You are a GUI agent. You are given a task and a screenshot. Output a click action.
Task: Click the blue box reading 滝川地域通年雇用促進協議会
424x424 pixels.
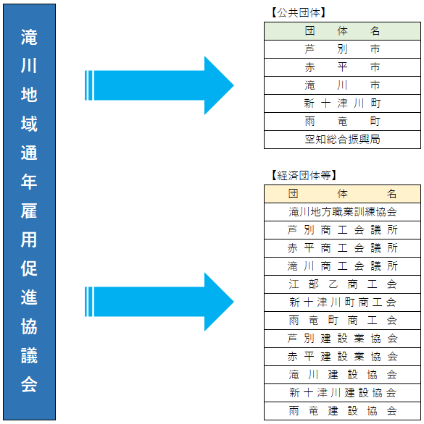pyautogui.click(x=29, y=212)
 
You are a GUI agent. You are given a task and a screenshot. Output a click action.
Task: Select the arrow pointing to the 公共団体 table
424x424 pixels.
pyautogui.click(x=159, y=85)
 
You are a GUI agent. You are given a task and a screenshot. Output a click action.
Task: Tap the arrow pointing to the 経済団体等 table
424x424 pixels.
pyautogui.click(x=159, y=302)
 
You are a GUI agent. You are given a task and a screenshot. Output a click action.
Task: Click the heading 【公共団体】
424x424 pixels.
pyautogui.click(x=299, y=12)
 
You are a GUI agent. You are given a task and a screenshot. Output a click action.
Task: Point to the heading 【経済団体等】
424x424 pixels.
pyautogui.click(x=304, y=175)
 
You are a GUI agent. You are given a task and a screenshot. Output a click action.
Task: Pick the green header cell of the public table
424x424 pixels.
pyautogui.click(x=342, y=31)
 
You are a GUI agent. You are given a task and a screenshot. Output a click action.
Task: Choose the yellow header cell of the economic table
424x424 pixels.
pyautogui.click(x=342, y=194)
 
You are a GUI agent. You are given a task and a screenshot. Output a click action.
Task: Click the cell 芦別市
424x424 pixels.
pyautogui.click(x=342, y=49)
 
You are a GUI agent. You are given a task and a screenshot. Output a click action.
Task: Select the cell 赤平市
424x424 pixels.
pyautogui.click(x=342, y=67)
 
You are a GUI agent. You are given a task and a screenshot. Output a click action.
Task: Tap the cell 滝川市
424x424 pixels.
pyautogui.click(x=342, y=85)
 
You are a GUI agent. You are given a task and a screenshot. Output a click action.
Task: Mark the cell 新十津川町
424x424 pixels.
pyautogui.click(x=342, y=103)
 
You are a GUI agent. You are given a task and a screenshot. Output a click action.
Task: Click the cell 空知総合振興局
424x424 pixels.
pyautogui.click(x=342, y=140)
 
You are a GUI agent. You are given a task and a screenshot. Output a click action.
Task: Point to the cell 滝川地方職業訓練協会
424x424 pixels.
pyautogui.click(x=342, y=212)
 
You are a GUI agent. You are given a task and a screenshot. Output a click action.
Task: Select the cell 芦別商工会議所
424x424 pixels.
pyautogui.click(x=342, y=230)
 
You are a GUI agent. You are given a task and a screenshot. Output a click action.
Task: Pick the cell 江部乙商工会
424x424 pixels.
pyautogui.click(x=342, y=284)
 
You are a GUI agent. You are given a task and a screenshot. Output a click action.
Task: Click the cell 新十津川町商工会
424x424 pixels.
pyautogui.click(x=342, y=302)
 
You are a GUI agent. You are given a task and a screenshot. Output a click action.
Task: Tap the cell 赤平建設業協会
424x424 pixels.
pyautogui.click(x=342, y=357)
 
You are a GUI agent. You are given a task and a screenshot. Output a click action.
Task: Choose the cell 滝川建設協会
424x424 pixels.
pyautogui.click(x=342, y=375)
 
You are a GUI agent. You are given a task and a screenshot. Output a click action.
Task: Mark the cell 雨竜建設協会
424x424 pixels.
pyautogui.click(x=342, y=411)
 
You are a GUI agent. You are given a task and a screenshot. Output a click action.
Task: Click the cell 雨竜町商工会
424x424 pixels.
pyautogui.click(x=342, y=321)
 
